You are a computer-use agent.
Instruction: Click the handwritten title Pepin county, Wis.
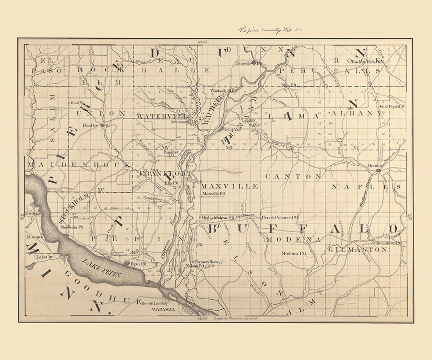[266, 30]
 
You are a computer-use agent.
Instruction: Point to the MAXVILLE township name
[229, 186]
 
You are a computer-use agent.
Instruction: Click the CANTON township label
[293, 177]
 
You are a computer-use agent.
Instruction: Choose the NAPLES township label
[366, 187]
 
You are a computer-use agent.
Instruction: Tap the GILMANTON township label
[357, 250]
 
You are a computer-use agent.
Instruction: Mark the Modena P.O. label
[294, 253]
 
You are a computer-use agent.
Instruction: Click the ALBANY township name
[356, 113]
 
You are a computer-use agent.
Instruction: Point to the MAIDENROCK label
[79, 165]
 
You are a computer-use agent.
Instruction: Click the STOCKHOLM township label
[74, 207]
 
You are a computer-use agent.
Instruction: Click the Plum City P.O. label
[96, 125]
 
